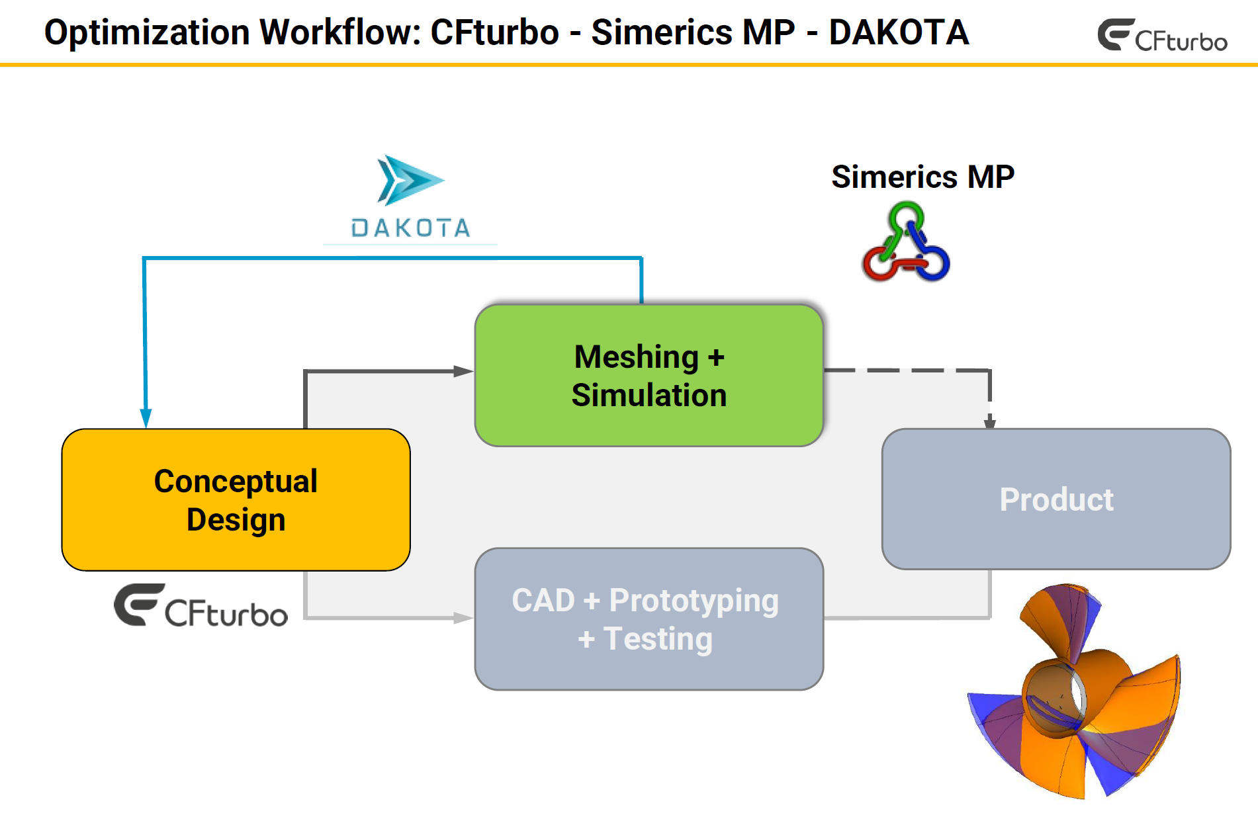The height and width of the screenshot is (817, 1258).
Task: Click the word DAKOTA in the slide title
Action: (898, 33)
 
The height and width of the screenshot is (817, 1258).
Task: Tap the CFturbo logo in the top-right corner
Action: (1162, 36)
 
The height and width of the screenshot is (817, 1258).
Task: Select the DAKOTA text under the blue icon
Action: (410, 228)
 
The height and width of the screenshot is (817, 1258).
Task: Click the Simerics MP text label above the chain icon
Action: (922, 177)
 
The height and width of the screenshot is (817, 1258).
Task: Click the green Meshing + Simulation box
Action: (649, 375)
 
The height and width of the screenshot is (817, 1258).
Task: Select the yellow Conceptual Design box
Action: (236, 499)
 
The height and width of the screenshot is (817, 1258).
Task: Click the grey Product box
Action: (1056, 499)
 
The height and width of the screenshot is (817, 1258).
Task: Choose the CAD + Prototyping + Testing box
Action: (649, 619)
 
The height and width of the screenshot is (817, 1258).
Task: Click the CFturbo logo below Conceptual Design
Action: (201, 606)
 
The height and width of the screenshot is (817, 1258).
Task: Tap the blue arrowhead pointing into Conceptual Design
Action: (146, 418)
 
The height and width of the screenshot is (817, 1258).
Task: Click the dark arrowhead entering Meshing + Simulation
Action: (463, 371)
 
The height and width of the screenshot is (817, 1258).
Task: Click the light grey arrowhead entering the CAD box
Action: (463, 618)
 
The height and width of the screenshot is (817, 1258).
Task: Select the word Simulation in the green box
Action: (649, 396)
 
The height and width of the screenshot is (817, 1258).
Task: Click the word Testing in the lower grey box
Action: (658, 639)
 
